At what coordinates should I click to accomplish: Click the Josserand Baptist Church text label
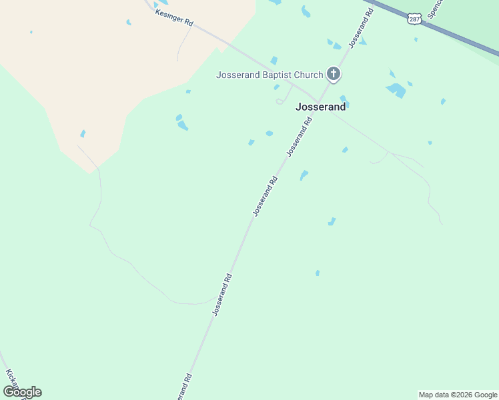269,75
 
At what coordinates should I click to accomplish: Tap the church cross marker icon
334,74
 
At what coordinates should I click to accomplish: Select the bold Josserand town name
321,107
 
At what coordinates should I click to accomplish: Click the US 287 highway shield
414,19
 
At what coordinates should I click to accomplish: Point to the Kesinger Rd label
173,18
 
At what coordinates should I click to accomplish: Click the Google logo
22,392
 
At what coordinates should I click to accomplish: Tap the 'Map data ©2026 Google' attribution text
458,395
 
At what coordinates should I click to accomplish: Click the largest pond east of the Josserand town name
396,89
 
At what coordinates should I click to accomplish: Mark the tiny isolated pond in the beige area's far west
31,32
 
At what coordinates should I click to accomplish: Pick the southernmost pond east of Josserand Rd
318,273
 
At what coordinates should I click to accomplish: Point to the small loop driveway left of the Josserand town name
281,101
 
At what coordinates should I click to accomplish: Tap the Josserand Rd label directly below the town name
300,137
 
